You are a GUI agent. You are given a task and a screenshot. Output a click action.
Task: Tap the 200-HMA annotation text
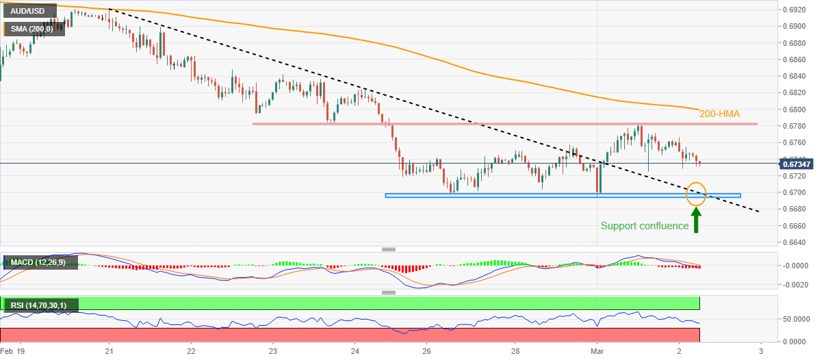720,114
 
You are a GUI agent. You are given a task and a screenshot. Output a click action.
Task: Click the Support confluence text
644,226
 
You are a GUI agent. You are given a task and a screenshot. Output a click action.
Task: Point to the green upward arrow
696,220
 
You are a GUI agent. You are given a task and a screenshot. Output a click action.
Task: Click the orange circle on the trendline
696,193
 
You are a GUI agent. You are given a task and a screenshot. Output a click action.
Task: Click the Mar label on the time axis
597,350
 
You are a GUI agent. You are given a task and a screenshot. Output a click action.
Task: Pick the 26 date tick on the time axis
426,350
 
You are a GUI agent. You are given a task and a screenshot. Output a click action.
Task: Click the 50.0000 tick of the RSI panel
796,319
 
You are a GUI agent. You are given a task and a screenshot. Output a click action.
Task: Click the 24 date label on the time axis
354,350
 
